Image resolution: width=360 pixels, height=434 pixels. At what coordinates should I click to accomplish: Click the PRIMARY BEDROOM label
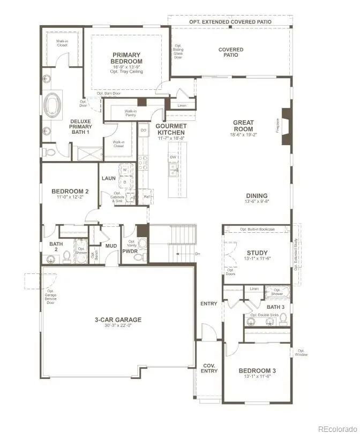tap(126, 58)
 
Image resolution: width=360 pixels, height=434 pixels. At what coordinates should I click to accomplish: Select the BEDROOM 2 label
tap(70, 191)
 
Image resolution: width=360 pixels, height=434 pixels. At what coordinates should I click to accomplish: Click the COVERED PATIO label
tap(231, 52)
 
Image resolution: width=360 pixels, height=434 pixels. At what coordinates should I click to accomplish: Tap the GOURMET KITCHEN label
tap(170, 130)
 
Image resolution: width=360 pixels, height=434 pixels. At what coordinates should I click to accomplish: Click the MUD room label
tap(111, 246)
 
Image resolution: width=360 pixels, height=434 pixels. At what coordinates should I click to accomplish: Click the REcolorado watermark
tap(337, 429)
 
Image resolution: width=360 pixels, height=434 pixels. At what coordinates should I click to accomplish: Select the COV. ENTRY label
tap(209, 369)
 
